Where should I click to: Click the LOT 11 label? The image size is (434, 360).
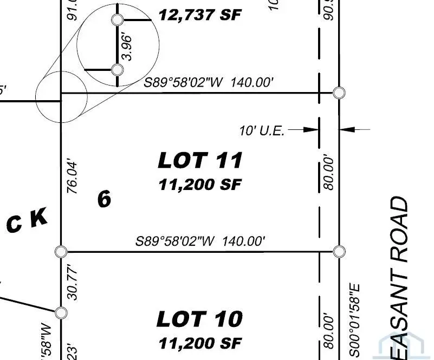pyautogui.click(x=199, y=160)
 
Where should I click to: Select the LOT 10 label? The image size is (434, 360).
pyautogui.click(x=199, y=319)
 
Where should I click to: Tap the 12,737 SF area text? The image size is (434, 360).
pyautogui.click(x=199, y=15)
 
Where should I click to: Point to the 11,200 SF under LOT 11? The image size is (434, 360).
pyautogui.click(x=199, y=185)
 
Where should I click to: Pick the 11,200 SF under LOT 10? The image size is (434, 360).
pyautogui.click(x=199, y=343)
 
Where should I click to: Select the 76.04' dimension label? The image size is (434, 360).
pyautogui.click(x=72, y=176)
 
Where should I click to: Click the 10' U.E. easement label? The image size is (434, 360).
pyautogui.click(x=262, y=130)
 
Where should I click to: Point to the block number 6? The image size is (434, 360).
pyautogui.click(x=104, y=199)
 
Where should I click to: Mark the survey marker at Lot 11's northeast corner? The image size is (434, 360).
pyautogui.click(x=339, y=93)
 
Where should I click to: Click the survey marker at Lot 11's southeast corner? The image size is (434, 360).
pyautogui.click(x=339, y=251)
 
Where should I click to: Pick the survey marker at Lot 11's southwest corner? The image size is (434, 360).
pyautogui.click(x=61, y=251)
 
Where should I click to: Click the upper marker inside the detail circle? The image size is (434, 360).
pyautogui.click(x=117, y=20)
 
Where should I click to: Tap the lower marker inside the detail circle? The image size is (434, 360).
pyautogui.click(x=117, y=70)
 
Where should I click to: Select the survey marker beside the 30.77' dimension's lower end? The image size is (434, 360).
pyautogui.click(x=61, y=312)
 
